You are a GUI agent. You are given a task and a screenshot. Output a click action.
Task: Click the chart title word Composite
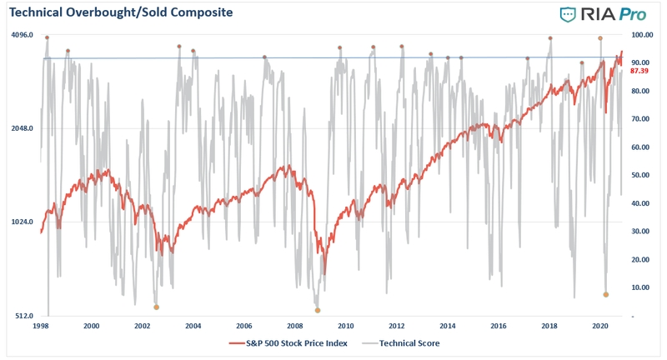pos(202,12)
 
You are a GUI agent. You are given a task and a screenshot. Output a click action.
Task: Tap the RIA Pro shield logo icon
pos(568,14)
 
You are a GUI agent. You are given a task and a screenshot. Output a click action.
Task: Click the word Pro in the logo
pos(633,14)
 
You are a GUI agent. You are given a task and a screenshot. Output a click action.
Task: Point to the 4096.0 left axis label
pos(23,34)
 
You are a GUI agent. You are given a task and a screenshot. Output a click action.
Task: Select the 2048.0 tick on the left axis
pos(23,128)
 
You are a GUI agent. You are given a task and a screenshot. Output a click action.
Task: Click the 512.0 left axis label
pos(24,316)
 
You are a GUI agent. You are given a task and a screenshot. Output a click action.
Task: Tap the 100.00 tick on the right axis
pos(642,35)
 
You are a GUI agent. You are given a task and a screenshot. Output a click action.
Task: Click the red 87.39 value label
pos(639,71)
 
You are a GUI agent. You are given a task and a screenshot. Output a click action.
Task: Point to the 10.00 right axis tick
pos(640,287)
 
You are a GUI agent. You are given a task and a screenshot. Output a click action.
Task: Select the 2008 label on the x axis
pos(295,326)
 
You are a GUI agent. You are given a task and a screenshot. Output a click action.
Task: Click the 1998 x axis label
pos(40,326)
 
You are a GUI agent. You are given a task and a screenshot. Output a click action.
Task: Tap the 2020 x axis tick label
pos(600,326)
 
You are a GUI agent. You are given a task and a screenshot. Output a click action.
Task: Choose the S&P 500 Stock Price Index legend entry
pos(288,343)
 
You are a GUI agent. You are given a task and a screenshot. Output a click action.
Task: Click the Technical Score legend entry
pos(401,343)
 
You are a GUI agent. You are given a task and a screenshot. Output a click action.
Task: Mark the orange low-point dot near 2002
pos(156,307)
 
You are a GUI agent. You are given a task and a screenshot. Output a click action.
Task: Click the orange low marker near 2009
pos(318,311)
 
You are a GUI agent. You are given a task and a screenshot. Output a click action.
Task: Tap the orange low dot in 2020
pos(606,294)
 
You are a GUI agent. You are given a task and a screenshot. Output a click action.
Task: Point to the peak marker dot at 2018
pos(550,38)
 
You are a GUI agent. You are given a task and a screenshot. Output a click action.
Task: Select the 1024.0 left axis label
pos(23,222)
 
